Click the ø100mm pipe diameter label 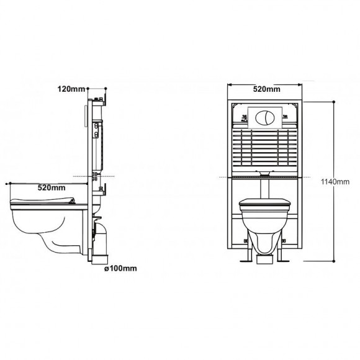(x=122, y=269)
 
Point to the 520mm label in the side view (x=52, y=187)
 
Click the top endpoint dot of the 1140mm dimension (x=335, y=101)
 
